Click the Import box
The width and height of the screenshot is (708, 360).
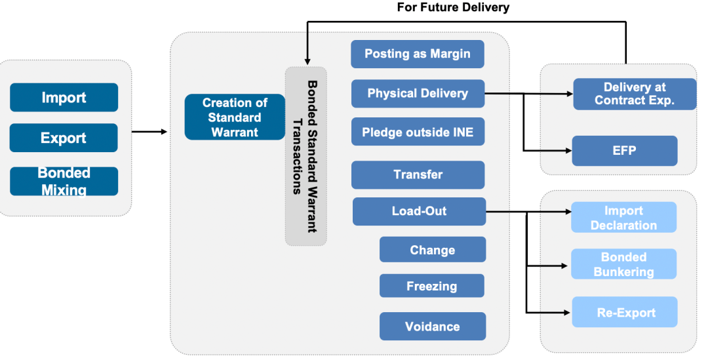pyautogui.click(x=64, y=98)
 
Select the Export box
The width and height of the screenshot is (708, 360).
pyautogui.click(x=64, y=138)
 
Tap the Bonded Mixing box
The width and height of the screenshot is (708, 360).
pyautogui.click(x=64, y=181)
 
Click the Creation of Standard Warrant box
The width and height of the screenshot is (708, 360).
pyautogui.click(x=235, y=117)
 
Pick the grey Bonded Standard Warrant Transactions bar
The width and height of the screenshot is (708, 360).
pyautogui.click(x=305, y=156)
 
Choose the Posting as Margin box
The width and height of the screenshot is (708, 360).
pyautogui.click(x=418, y=54)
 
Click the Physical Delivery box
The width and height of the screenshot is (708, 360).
pyautogui.click(x=418, y=93)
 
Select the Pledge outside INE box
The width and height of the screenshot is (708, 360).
pyautogui.click(x=418, y=132)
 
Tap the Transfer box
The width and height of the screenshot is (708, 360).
pyautogui.click(x=418, y=174)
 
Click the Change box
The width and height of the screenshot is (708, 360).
pyautogui.click(x=432, y=250)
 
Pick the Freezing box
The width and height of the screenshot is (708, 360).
pyautogui.click(x=432, y=286)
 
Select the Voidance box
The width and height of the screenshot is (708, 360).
pyautogui.click(x=432, y=326)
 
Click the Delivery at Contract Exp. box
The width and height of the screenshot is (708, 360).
pyautogui.click(x=625, y=94)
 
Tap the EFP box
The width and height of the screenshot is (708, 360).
pyautogui.click(x=624, y=151)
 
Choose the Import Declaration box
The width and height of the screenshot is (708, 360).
pyautogui.click(x=623, y=218)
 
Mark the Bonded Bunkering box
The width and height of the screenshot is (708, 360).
pyautogui.click(x=623, y=264)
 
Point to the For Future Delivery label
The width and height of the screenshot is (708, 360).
pyautogui.click(x=453, y=8)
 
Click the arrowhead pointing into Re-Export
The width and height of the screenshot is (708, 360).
pyautogui.click(x=568, y=312)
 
